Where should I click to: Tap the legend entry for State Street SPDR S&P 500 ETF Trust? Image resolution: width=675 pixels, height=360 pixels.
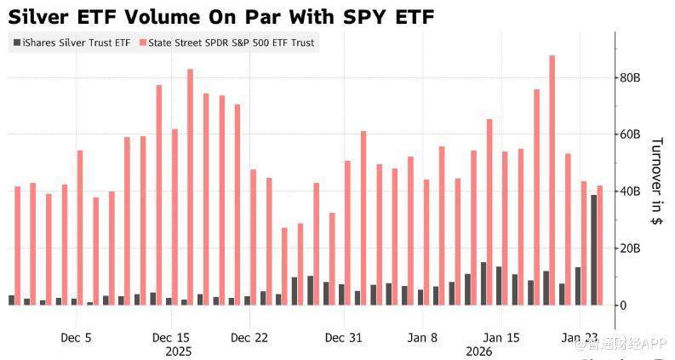(228, 43)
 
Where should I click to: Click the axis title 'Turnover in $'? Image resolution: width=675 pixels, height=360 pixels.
(656, 180)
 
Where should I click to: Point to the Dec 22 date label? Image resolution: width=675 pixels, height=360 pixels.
(250, 337)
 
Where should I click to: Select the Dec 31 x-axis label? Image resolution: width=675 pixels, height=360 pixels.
(343, 337)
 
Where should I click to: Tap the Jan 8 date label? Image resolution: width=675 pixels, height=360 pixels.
(422, 337)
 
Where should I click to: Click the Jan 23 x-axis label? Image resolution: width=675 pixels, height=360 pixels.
(579, 337)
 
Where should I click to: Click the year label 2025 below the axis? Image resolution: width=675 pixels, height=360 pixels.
(179, 351)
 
